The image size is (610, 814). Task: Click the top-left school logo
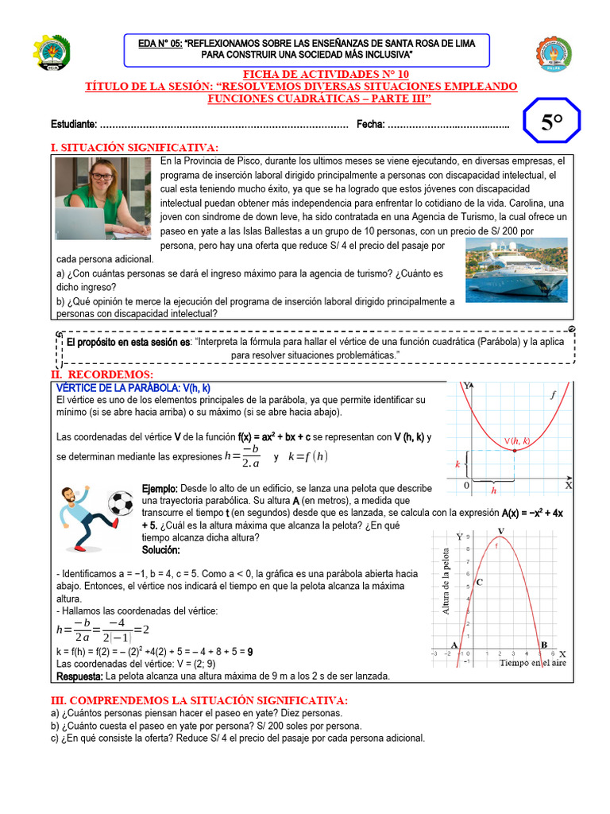pyautogui.click(x=52, y=53)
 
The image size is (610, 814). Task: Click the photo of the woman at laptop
pyautogui.click(x=102, y=198)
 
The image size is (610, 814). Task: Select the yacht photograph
pyautogui.click(x=516, y=269)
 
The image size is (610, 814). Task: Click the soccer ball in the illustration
pyautogui.click(x=121, y=502)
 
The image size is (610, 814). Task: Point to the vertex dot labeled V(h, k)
pyautogui.click(x=515, y=451)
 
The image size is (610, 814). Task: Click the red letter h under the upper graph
pyautogui.click(x=493, y=490)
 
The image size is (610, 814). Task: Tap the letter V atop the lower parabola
pyautogui.click(x=500, y=531)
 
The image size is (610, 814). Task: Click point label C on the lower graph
pyautogui.click(x=481, y=582)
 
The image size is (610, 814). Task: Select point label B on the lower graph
pyautogui.click(x=543, y=645)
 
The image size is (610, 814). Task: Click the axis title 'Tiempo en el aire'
pyautogui.click(x=533, y=662)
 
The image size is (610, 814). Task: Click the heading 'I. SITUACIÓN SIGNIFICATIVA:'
pyautogui.click(x=133, y=147)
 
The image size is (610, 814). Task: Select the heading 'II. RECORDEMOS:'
pyautogui.click(x=102, y=374)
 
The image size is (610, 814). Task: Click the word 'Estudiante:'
pyautogui.click(x=74, y=124)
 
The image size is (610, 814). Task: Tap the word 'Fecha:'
pyautogui.click(x=370, y=124)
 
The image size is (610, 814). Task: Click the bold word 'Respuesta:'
pyautogui.click(x=80, y=676)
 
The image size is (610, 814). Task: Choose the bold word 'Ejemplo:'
pyautogui.click(x=160, y=487)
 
